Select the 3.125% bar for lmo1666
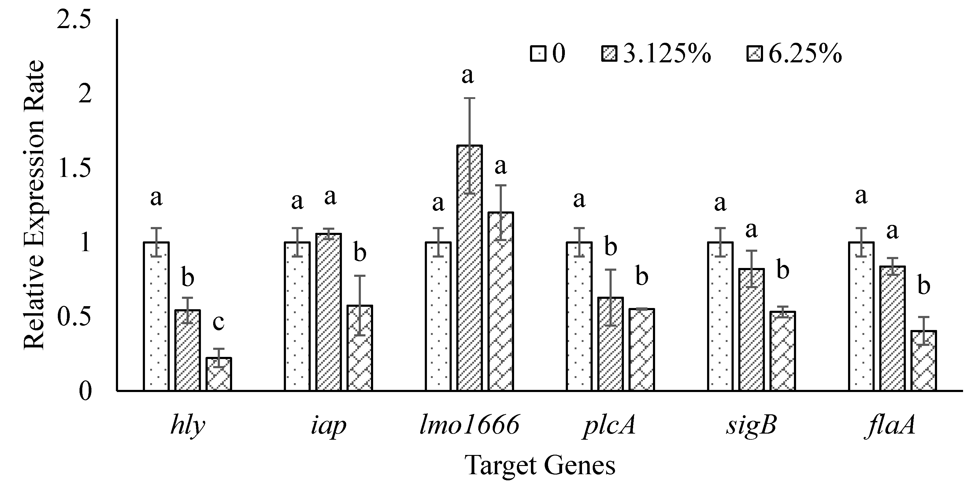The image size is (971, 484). [470, 268]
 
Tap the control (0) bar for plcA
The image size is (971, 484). [579, 316]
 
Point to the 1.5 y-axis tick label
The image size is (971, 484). [74, 169]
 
